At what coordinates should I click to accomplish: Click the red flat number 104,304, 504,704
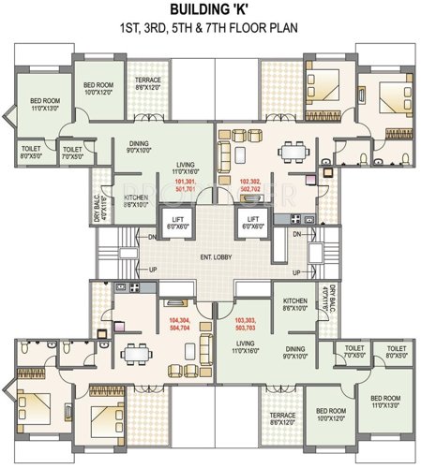tap(170, 325)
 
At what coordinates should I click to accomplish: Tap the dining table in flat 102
tap(293, 151)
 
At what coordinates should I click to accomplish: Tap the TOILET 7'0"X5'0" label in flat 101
tap(72, 153)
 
